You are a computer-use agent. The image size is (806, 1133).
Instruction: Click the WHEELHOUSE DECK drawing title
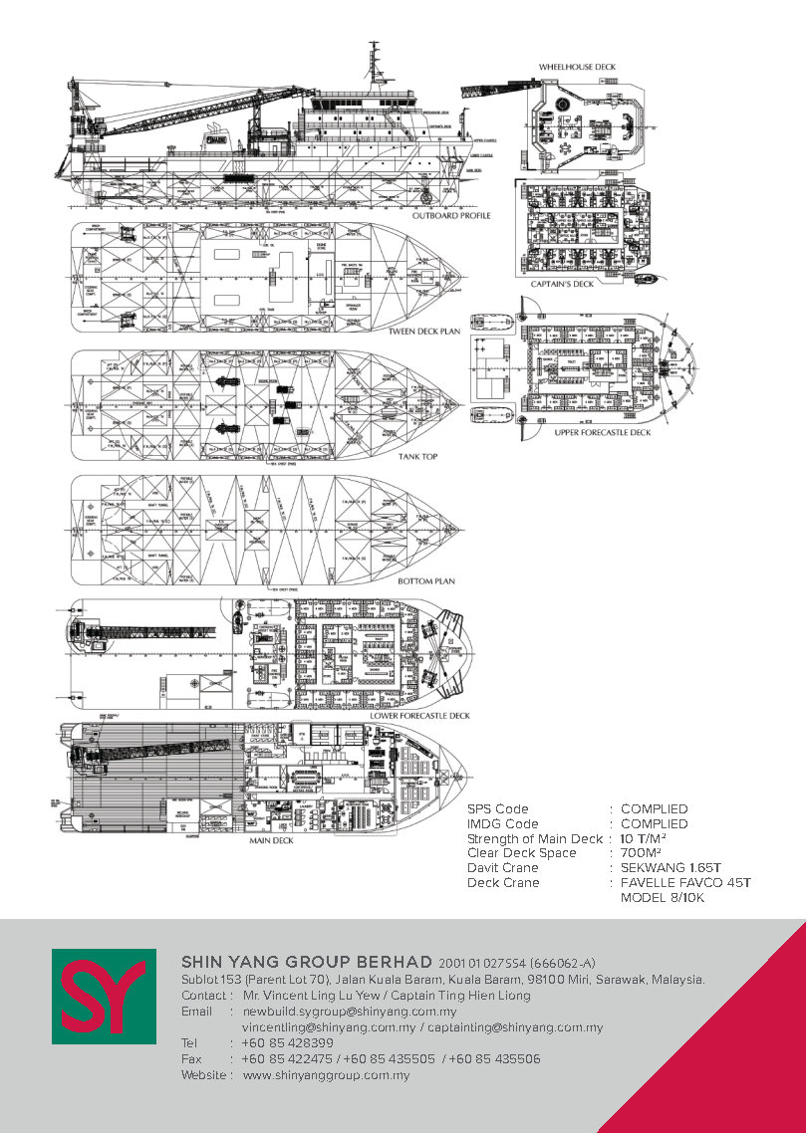[x=577, y=67]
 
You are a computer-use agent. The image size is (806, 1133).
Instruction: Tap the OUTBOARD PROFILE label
[x=451, y=215]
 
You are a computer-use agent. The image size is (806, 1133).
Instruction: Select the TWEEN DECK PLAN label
[x=426, y=332]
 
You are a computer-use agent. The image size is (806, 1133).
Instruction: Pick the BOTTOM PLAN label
[x=426, y=580]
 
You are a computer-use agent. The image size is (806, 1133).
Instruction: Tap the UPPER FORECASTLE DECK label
[x=603, y=433]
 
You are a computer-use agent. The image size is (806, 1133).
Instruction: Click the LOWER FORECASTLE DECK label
[x=419, y=716]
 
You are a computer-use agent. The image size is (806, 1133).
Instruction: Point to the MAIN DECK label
[x=271, y=841]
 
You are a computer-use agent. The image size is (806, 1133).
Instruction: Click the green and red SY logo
[x=104, y=998]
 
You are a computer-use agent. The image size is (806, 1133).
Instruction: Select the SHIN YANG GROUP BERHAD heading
[x=307, y=962]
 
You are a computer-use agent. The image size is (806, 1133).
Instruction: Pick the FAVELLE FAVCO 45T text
[x=684, y=883]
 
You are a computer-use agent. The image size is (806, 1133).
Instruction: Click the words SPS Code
[x=498, y=809]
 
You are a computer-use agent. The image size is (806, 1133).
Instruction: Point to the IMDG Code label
[x=502, y=824]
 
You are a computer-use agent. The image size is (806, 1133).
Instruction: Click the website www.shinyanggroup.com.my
[x=326, y=1075]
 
